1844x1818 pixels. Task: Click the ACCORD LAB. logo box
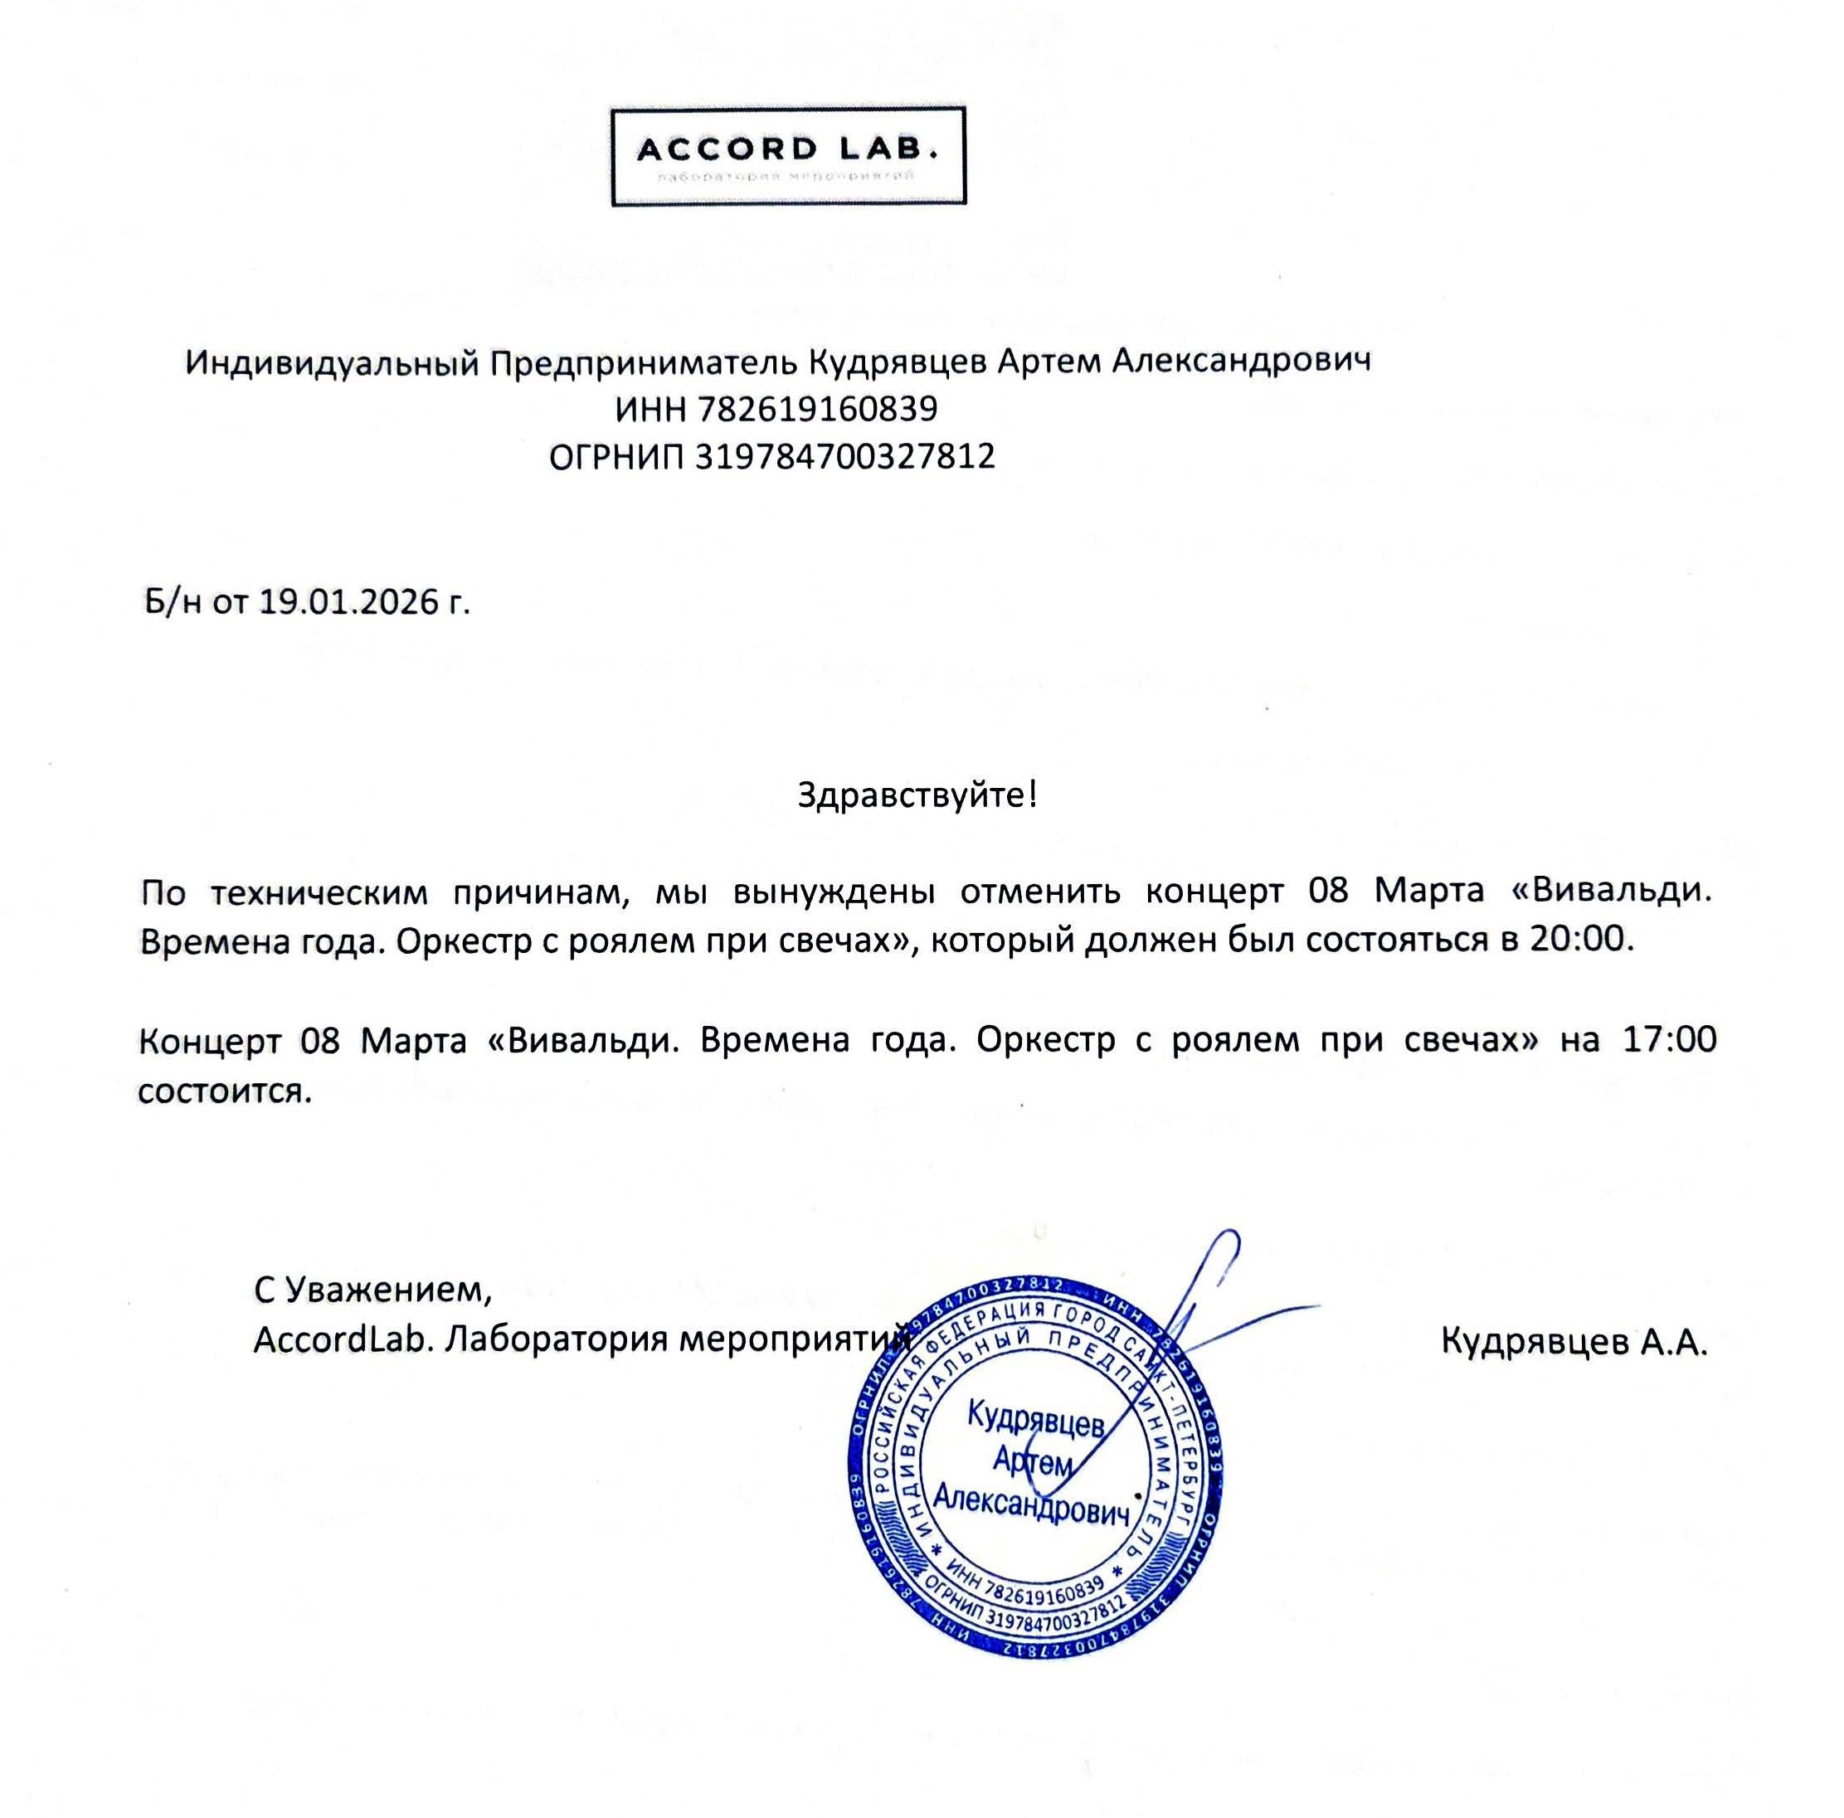[x=787, y=156]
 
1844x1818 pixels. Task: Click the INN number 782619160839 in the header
[x=817, y=410]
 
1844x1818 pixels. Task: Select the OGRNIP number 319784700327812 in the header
[x=844, y=456]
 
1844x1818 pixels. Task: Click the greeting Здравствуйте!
[x=917, y=794]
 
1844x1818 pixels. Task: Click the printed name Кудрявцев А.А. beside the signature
[x=1573, y=1342]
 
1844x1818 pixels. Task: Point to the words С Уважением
[x=372, y=1291]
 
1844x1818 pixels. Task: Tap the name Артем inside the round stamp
[x=1032, y=1461]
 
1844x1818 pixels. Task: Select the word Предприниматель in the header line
[x=642, y=362]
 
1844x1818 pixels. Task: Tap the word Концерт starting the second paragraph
[x=209, y=1039]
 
